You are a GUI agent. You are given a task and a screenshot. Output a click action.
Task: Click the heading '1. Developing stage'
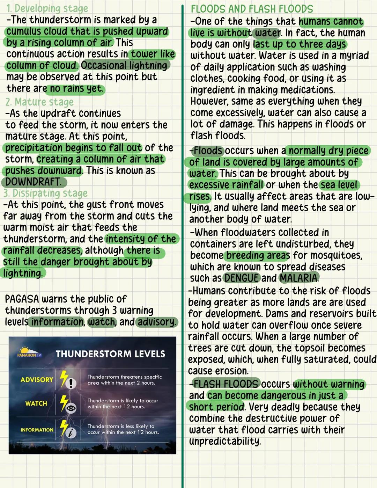click(x=47, y=8)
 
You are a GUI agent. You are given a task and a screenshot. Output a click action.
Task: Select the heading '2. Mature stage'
click(x=39, y=102)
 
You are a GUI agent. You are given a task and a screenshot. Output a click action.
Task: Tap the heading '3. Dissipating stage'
click(x=45, y=193)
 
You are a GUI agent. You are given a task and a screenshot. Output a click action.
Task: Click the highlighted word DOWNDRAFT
click(x=33, y=182)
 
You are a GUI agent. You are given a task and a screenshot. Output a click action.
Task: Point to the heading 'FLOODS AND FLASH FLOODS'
click(x=252, y=9)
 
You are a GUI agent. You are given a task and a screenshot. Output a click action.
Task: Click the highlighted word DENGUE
click(x=242, y=278)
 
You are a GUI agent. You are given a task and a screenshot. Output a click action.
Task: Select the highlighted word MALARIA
click(x=299, y=278)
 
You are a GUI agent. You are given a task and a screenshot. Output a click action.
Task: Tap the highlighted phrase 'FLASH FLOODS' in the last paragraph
click(x=226, y=384)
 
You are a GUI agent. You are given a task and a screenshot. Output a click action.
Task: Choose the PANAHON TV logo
click(x=29, y=352)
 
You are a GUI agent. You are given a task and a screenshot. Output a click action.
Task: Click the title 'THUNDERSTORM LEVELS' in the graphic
click(x=110, y=354)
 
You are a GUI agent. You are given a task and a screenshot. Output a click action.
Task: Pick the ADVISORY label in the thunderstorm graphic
click(x=37, y=380)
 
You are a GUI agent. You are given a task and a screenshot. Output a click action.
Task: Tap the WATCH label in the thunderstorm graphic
click(x=36, y=403)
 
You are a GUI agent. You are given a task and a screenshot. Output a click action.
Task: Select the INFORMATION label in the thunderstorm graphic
click(x=37, y=430)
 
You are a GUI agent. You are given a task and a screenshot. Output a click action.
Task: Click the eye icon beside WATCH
click(x=71, y=408)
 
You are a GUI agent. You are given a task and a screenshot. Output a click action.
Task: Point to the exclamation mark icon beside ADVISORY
click(x=71, y=384)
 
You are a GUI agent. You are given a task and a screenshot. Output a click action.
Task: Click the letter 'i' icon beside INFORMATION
click(x=71, y=433)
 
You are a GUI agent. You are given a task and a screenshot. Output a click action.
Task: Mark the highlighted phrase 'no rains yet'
click(x=76, y=88)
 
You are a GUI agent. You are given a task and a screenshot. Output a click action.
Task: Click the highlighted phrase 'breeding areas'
click(x=258, y=255)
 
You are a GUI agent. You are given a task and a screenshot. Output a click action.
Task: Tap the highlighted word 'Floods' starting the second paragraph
click(x=208, y=151)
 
